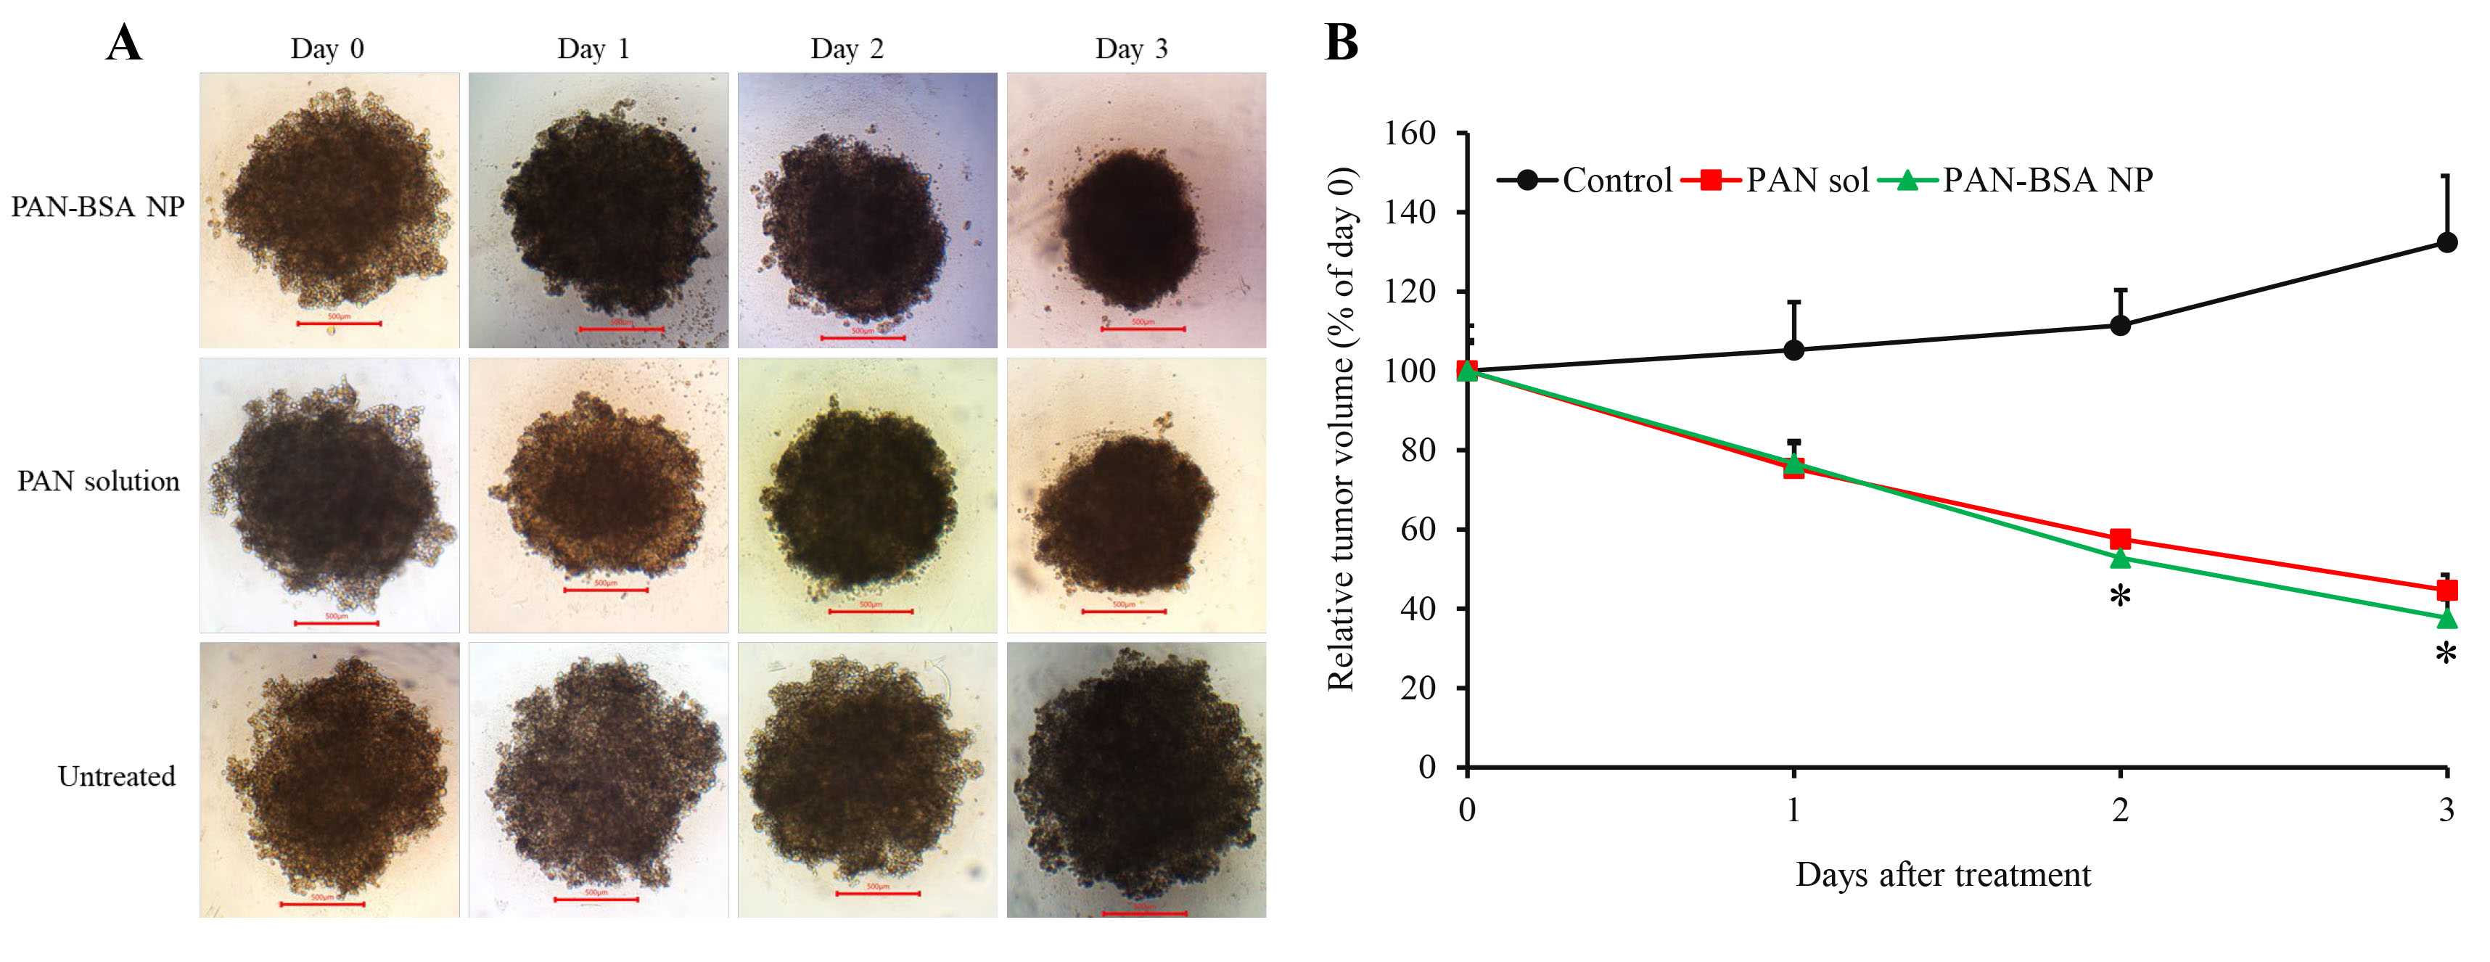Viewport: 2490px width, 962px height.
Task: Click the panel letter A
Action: click(x=124, y=44)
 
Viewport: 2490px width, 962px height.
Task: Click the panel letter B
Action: click(x=1341, y=44)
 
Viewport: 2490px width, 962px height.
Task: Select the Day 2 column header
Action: click(x=847, y=49)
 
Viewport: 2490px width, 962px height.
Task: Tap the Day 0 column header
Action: click(x=326, y=49)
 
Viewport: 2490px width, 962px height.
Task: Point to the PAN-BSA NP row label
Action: click(x=98, y=207)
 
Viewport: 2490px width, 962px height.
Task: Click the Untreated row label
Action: click(x=116, y=776)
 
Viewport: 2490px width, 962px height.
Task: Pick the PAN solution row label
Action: click(x=99, y=482)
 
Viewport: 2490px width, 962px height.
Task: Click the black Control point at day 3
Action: click(x=2446, y=242)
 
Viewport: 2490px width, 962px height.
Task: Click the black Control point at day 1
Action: click(x=1793, y=350)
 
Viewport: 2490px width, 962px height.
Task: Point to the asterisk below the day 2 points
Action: click(x=2120, y=596)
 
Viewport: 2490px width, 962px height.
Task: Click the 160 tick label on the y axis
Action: click(x=1410, y=133)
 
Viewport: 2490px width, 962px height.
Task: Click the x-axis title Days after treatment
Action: click(x=1943, y=875)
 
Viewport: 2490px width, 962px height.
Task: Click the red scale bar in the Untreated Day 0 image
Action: click(x=322, y=905)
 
